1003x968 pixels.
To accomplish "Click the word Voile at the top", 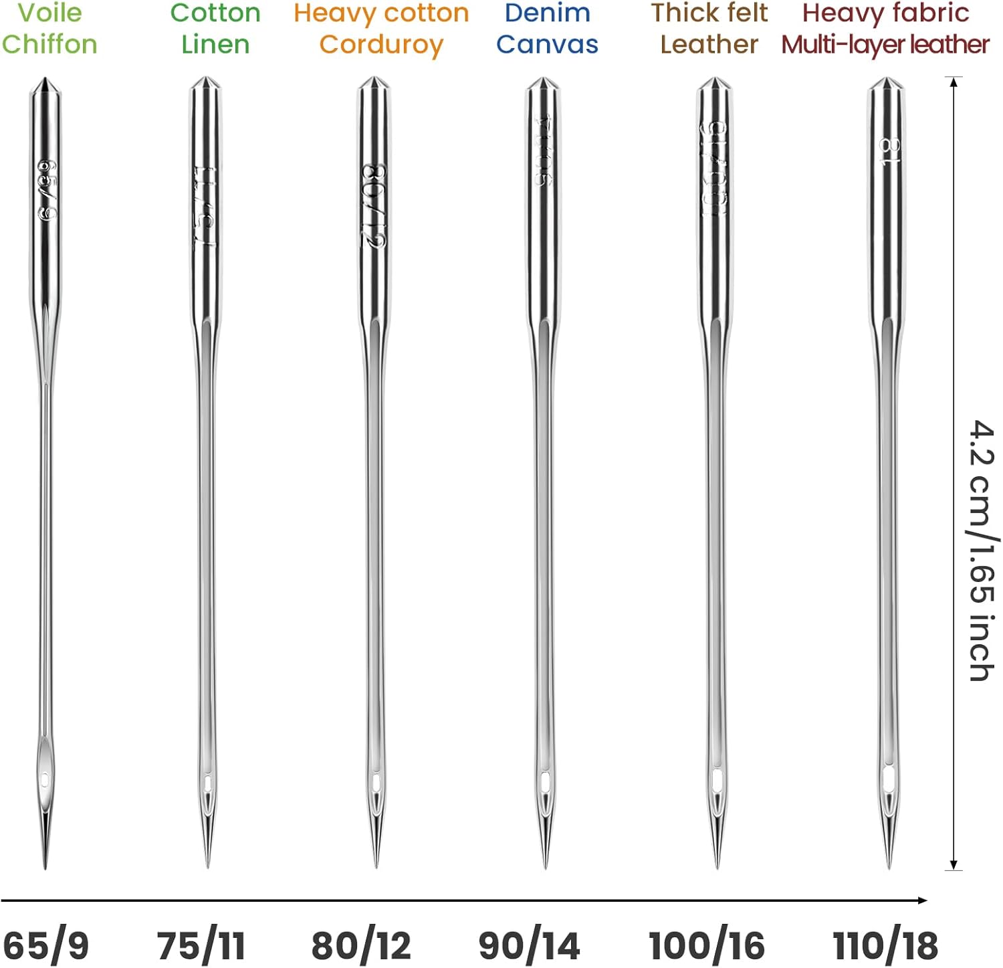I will (x=49, y=13).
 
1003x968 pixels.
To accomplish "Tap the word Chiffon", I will (x=49, y=44).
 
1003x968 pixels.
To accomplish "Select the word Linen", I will (x=215, y=44).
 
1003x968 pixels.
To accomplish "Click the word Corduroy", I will (x=381, y=45).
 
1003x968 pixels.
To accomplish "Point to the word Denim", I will (x=547, y=13).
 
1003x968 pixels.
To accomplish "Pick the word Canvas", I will (x=547, y=44).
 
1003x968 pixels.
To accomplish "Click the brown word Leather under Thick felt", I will (x=709, y=44).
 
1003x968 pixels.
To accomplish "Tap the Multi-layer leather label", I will (x=885, y=44).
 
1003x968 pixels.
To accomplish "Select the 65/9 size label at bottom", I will (x=45, y=946).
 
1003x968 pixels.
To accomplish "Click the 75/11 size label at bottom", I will (x=201, y=946).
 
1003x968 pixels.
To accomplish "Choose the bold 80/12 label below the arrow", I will (x=361, y=946).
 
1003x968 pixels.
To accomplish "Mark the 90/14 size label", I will (x=529, y=946).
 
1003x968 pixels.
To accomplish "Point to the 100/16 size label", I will (x=707, y=946).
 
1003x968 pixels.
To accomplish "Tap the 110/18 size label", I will (x=885, y=946).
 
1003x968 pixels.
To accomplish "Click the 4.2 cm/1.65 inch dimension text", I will (x=982, y=550).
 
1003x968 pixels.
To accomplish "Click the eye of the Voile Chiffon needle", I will (x=45, y=779).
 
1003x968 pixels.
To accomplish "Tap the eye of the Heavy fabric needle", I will (x=889, y=779).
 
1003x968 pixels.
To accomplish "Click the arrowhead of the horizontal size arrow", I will (x=923, y=900).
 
